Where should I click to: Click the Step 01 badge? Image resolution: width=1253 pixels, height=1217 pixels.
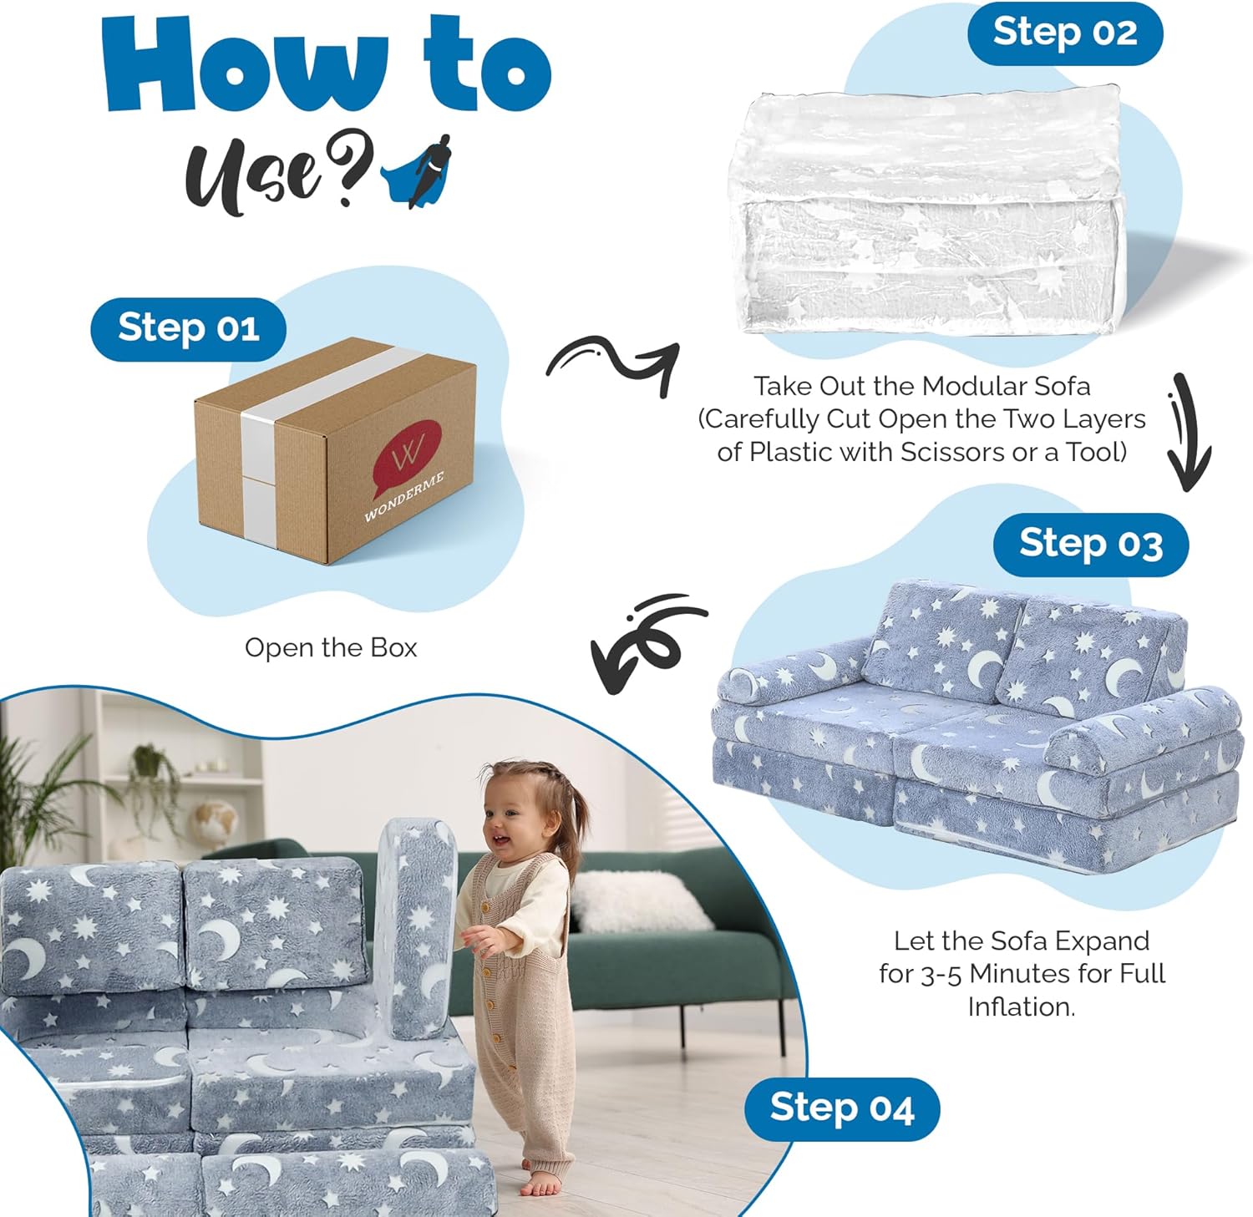[188, 328]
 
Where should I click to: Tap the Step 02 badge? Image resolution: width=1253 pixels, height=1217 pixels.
[1065, 33]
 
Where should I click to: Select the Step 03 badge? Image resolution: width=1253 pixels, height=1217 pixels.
[1091, 545]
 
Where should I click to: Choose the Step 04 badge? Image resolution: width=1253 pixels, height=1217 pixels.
[842, 1108]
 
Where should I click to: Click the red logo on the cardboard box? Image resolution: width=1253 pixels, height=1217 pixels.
[407, 457]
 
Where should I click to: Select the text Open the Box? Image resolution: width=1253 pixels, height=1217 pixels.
[331, 648]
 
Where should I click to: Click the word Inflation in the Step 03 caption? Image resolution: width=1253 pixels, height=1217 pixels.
[1021, 1007]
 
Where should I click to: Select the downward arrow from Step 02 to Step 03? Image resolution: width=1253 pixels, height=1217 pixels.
[1188, 431]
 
